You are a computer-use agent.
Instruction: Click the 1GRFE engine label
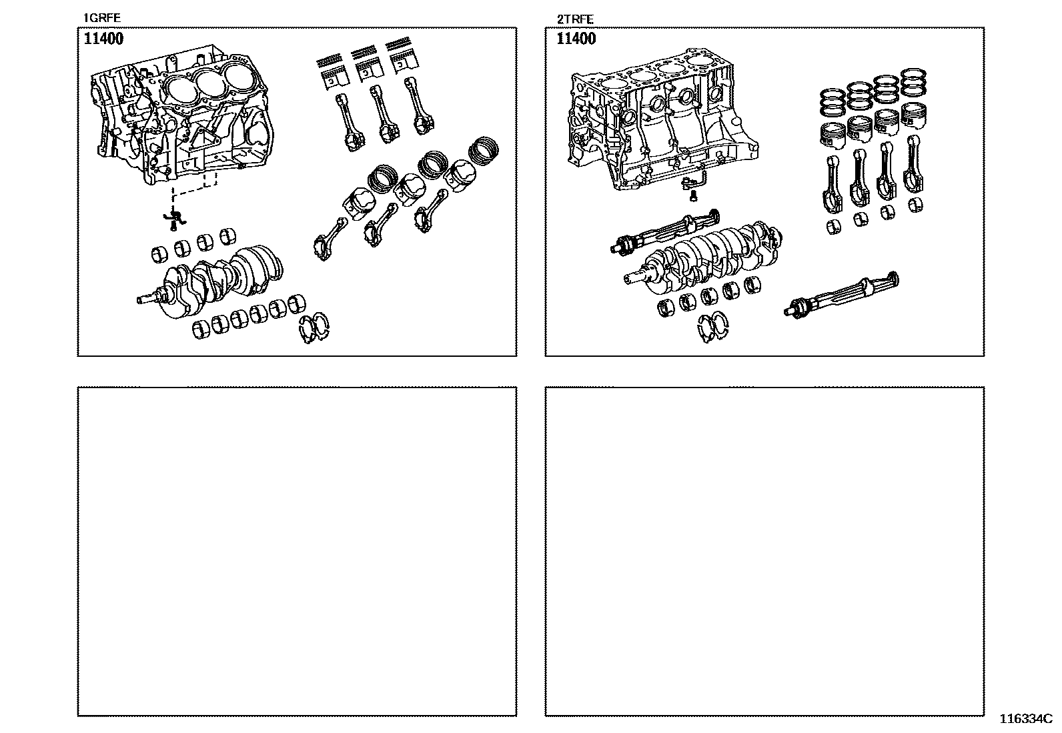point(101,18)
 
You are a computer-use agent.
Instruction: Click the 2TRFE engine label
point(574,19)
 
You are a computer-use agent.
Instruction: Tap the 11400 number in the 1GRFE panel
point(103,39)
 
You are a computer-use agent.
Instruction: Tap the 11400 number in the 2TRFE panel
point(576,39)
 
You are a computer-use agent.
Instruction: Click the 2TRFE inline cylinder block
point(660,127)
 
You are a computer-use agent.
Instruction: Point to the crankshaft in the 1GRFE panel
point(220,277)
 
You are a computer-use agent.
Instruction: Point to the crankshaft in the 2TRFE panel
point(700,260)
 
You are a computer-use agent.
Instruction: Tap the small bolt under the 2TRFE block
point(693,195)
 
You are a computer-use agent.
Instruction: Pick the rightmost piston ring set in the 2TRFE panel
point(912,83)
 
